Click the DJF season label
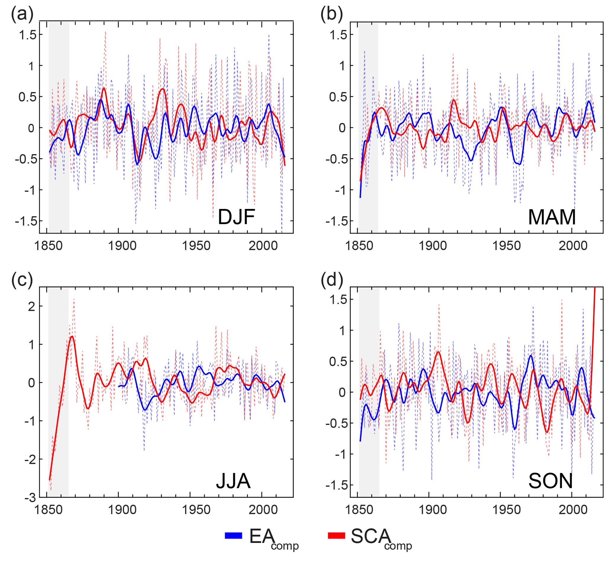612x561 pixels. (236, 217)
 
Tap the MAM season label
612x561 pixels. (552, 217)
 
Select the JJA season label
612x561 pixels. (233, 481)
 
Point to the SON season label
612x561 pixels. (550, 481)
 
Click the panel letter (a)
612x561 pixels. (22, 14)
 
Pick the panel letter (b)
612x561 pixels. (332, 14)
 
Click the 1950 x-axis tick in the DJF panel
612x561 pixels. (196, 246)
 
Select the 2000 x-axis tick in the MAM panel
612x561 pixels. (573, 246)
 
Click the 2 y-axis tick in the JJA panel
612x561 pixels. (31, 307)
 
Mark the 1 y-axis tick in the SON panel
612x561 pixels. (343, 330)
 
